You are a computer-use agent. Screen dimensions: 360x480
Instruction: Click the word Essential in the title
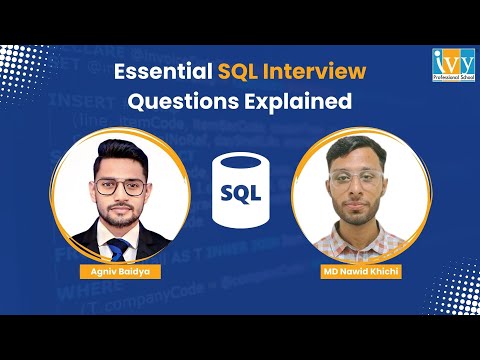159,72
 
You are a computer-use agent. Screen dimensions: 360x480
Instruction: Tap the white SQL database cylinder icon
240,189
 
